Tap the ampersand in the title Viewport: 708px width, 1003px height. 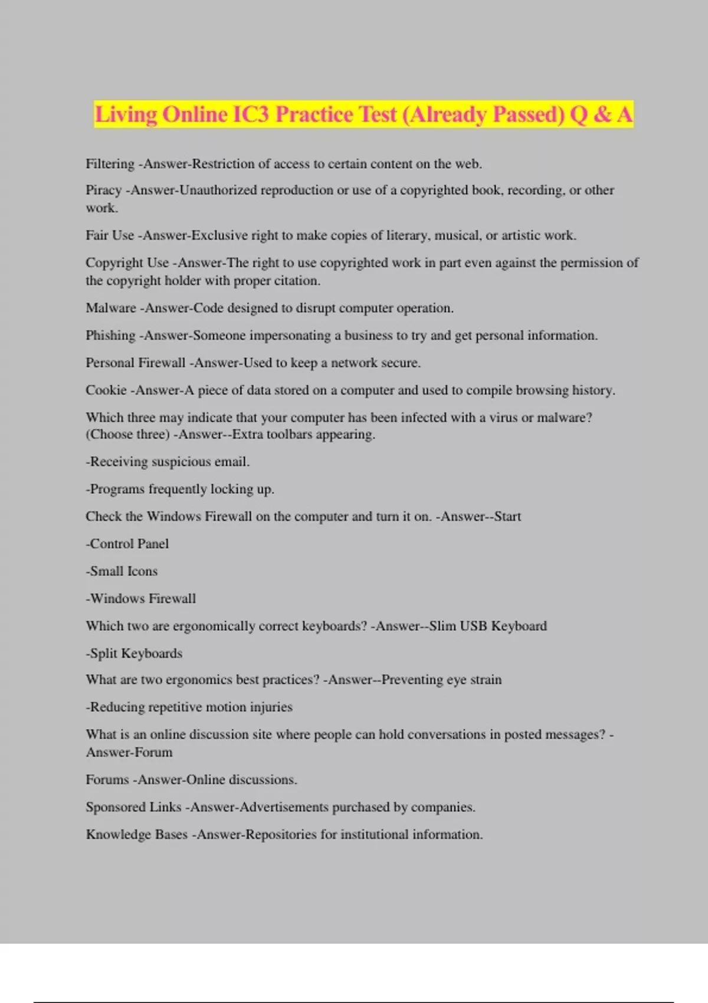pos(602,114)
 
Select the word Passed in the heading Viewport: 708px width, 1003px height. pos(528,114)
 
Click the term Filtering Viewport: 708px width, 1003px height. pos(110,164)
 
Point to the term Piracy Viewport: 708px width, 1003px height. pos(103,190)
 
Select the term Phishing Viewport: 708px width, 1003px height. pos(110,336)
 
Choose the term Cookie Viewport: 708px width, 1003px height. pos(106,390)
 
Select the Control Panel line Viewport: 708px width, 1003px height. pos(127,544)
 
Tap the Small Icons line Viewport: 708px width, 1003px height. pos(122,571)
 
